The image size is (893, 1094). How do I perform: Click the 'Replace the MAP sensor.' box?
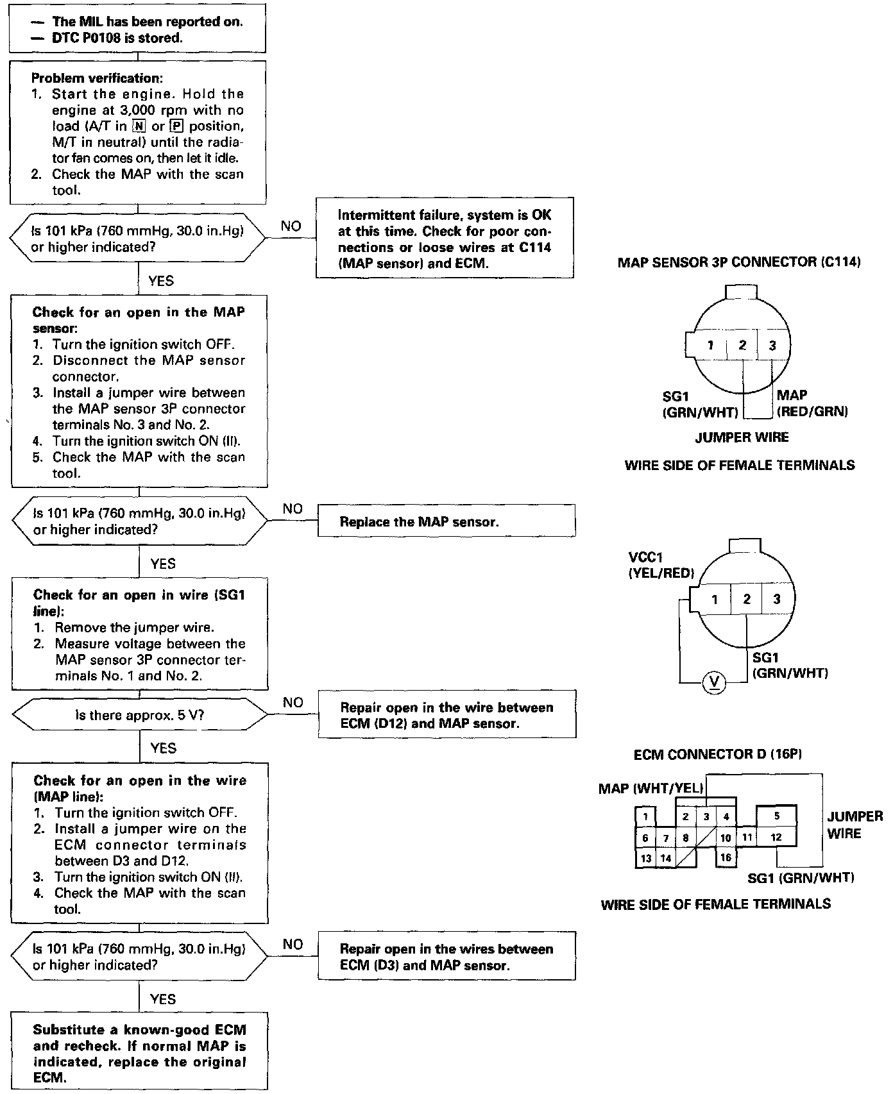(x=446, y=521)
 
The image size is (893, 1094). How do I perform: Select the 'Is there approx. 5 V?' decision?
(x=140, y=714)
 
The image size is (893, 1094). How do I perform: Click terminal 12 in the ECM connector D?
(x=776, y=837)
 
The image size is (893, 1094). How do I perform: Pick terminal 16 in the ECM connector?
(x=726, y=857)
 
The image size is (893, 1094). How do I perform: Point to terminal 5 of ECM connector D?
(x=777, y=816)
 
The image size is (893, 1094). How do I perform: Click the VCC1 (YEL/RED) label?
(x=661, y=565)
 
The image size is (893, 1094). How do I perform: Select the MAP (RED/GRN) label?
(x=812, y=403)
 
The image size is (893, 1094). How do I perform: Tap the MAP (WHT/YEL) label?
(x=651, y=788)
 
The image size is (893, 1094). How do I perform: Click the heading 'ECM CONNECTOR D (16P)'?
(x=718, y=755)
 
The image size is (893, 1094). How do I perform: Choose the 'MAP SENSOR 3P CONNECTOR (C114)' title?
(x=738, y=262)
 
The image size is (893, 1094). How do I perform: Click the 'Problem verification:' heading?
(x=96, y=78)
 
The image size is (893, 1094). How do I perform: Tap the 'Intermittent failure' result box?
(x=445, y=239)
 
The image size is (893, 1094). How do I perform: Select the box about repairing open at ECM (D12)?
(x=446, y=715)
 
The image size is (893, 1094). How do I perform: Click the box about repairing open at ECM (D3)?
(x=446, y=957)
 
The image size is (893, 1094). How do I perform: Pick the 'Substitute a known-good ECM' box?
(x=139, y=1053)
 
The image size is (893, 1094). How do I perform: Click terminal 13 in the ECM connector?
(x=645, y=858)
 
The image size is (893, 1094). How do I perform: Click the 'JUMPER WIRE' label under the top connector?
(x=742, y=437)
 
